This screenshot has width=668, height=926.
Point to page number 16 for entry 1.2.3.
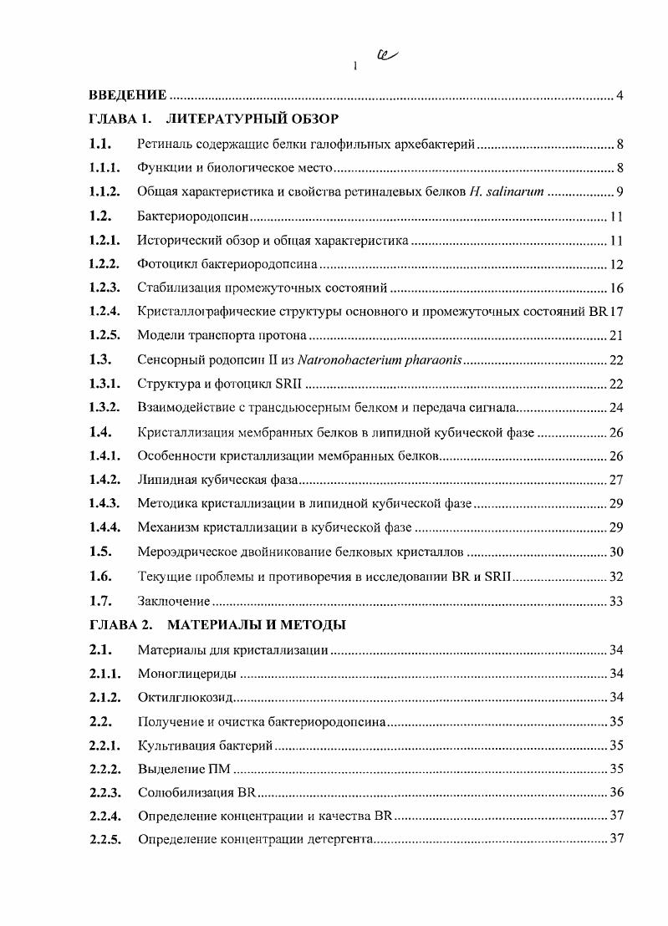coord(618,289)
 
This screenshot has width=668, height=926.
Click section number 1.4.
coord(100,432)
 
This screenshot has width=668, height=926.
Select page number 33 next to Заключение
coord(618,601)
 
